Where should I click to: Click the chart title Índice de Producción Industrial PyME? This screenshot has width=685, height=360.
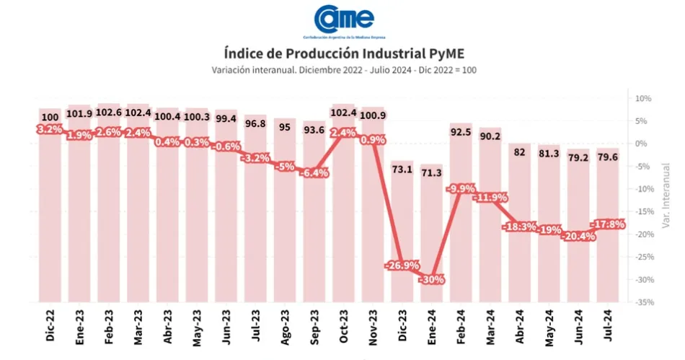pos(343,53)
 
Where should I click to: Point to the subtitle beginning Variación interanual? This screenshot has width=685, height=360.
pos(343,70)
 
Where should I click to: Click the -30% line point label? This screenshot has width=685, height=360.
pos(433,279)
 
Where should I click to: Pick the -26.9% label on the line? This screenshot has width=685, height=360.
pos(402,265)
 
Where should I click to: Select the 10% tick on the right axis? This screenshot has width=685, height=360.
pos(642,98)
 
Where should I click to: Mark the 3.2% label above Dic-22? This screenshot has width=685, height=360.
pos(50,130)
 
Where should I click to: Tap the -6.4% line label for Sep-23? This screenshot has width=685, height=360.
pos(314,173)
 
